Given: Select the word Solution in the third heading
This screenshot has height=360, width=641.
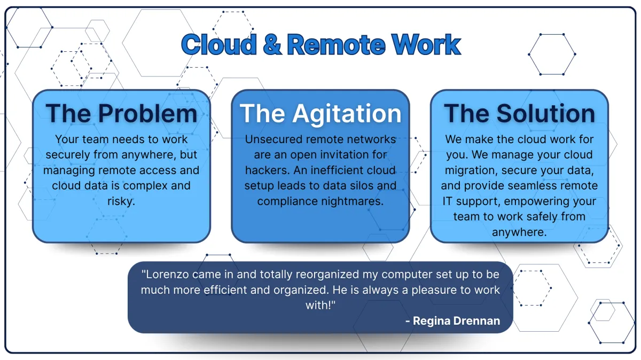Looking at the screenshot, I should (546, 113).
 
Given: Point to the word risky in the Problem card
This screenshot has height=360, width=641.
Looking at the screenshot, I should (121, 201).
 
